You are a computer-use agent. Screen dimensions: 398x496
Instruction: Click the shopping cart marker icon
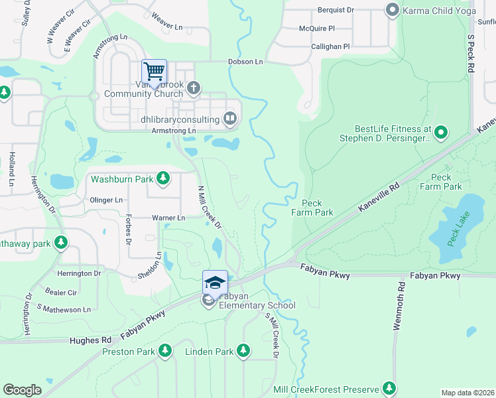pos(154,71)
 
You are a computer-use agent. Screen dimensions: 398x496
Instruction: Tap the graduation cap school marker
pos(215,282)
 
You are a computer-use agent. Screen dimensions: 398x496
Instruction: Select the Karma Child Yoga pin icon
pos(392,9)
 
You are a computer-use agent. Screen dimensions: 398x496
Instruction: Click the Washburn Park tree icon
pos(163,178)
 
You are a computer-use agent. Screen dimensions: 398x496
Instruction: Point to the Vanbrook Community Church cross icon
pos(194,88)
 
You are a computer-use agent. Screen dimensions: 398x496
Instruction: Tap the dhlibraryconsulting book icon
pos(229,119)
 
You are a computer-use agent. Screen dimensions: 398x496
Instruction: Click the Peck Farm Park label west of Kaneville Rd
pos(312,208)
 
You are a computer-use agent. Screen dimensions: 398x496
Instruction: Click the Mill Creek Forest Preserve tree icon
pos(389,389)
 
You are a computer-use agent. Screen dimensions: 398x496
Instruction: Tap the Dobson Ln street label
pos(246,61)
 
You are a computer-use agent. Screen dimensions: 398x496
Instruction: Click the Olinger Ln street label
pos(106,200)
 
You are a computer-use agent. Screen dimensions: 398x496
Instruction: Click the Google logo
pos(22,389)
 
